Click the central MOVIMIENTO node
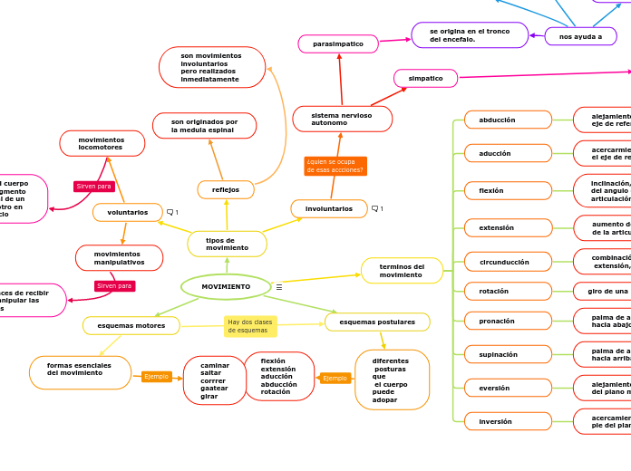(x=226, y=286)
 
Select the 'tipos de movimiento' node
(x=227, y=244)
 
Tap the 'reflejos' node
(x=226, y=189)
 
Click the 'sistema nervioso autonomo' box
(x=342, y=119)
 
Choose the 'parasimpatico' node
(x=338, y=43)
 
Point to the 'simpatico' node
(x=425, y=78)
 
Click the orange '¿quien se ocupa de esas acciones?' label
(x=335, y=166)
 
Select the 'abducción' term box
(x=508, y=120)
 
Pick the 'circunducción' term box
(x=508, y=262)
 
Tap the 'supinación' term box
(x=508, y=354)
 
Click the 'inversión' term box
(x=508, y=421)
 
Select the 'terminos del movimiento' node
(x=402, y=271)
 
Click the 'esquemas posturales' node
(x=377, y=322)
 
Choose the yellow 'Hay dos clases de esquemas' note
(x=250, y=326)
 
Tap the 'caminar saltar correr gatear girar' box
(x=214, y=380)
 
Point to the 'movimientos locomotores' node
(x=102, y=143)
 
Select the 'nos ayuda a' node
(x=580, y=36)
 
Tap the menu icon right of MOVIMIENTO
(x=279, y=287)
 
